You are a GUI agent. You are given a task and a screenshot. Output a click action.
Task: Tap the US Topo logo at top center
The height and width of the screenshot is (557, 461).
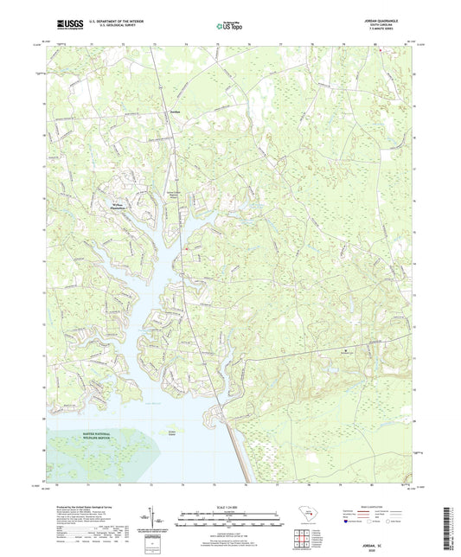(227, 27)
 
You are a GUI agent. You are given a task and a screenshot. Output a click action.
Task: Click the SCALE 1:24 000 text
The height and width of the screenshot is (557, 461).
(229, 507)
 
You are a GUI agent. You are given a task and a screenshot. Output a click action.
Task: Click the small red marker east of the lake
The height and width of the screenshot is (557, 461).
(184, 251)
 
